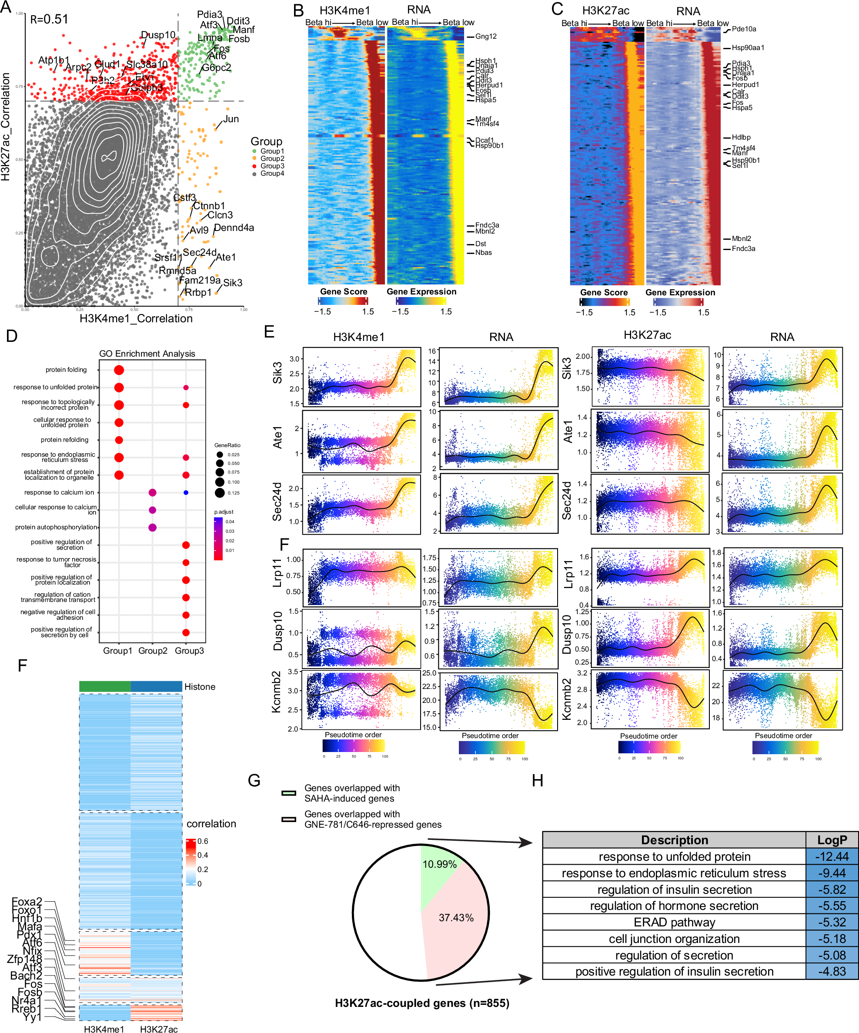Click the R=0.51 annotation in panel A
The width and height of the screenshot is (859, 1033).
click(49, 19)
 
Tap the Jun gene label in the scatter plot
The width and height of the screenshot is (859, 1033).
click(231, 119)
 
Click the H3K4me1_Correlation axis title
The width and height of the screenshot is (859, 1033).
click(136, 318)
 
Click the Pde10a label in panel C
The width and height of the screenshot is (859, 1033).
click(743, 29)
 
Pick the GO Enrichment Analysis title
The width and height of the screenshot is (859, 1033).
click(147, 354)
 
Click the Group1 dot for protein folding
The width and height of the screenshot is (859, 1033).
click(119, 370)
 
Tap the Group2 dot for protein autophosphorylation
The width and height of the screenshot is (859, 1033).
click(153, 527)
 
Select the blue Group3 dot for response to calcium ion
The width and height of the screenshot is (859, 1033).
click(186, 492)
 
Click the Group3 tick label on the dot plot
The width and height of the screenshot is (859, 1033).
click(189, 651)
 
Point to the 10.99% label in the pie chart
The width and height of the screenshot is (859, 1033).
click(439, 864)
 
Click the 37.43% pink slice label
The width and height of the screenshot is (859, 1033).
click(456, 918)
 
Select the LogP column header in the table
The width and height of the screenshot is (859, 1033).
click(832, 840)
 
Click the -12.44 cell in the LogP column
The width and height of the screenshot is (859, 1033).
click(832, 856)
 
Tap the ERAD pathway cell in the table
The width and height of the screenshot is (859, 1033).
click(674, 923)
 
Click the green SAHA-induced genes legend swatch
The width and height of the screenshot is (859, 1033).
click(289, 793)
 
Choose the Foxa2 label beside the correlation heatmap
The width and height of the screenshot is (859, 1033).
click(27, 902)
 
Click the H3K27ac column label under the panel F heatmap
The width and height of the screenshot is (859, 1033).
click(159, 1029)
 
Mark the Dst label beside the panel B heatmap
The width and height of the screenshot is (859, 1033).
click(480, 244)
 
